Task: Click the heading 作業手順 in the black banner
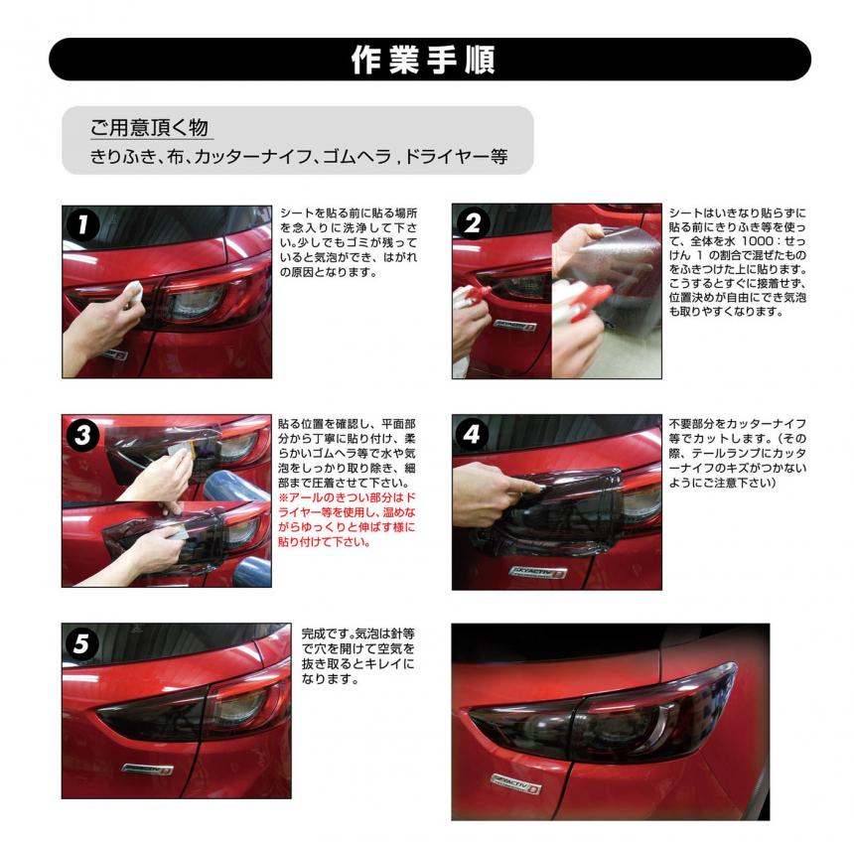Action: pos(423,60)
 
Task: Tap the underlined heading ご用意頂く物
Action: pos(149,128)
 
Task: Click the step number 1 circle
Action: pos(82,224)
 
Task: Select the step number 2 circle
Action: pos(472,222)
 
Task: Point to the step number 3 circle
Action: pos(82,435)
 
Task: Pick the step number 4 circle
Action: pos(473,434)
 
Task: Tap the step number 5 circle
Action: pos(81,643)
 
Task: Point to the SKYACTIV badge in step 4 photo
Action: pos(538,572)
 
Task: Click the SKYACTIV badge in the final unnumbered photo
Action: pos(515,783)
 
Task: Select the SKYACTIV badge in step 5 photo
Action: pos(148,769)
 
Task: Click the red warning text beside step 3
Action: pos(347,519)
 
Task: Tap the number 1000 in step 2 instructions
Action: pos(758,240)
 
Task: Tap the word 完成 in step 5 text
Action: pos(313,633)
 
